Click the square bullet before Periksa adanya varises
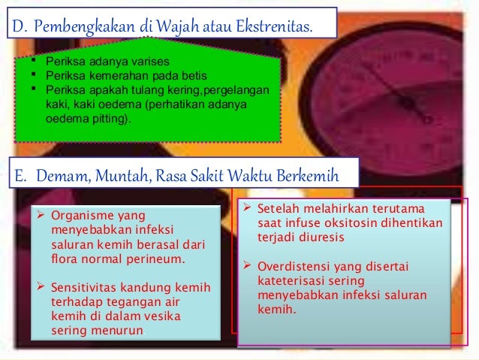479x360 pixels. coord(32,61)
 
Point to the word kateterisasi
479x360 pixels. coord(294,280)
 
